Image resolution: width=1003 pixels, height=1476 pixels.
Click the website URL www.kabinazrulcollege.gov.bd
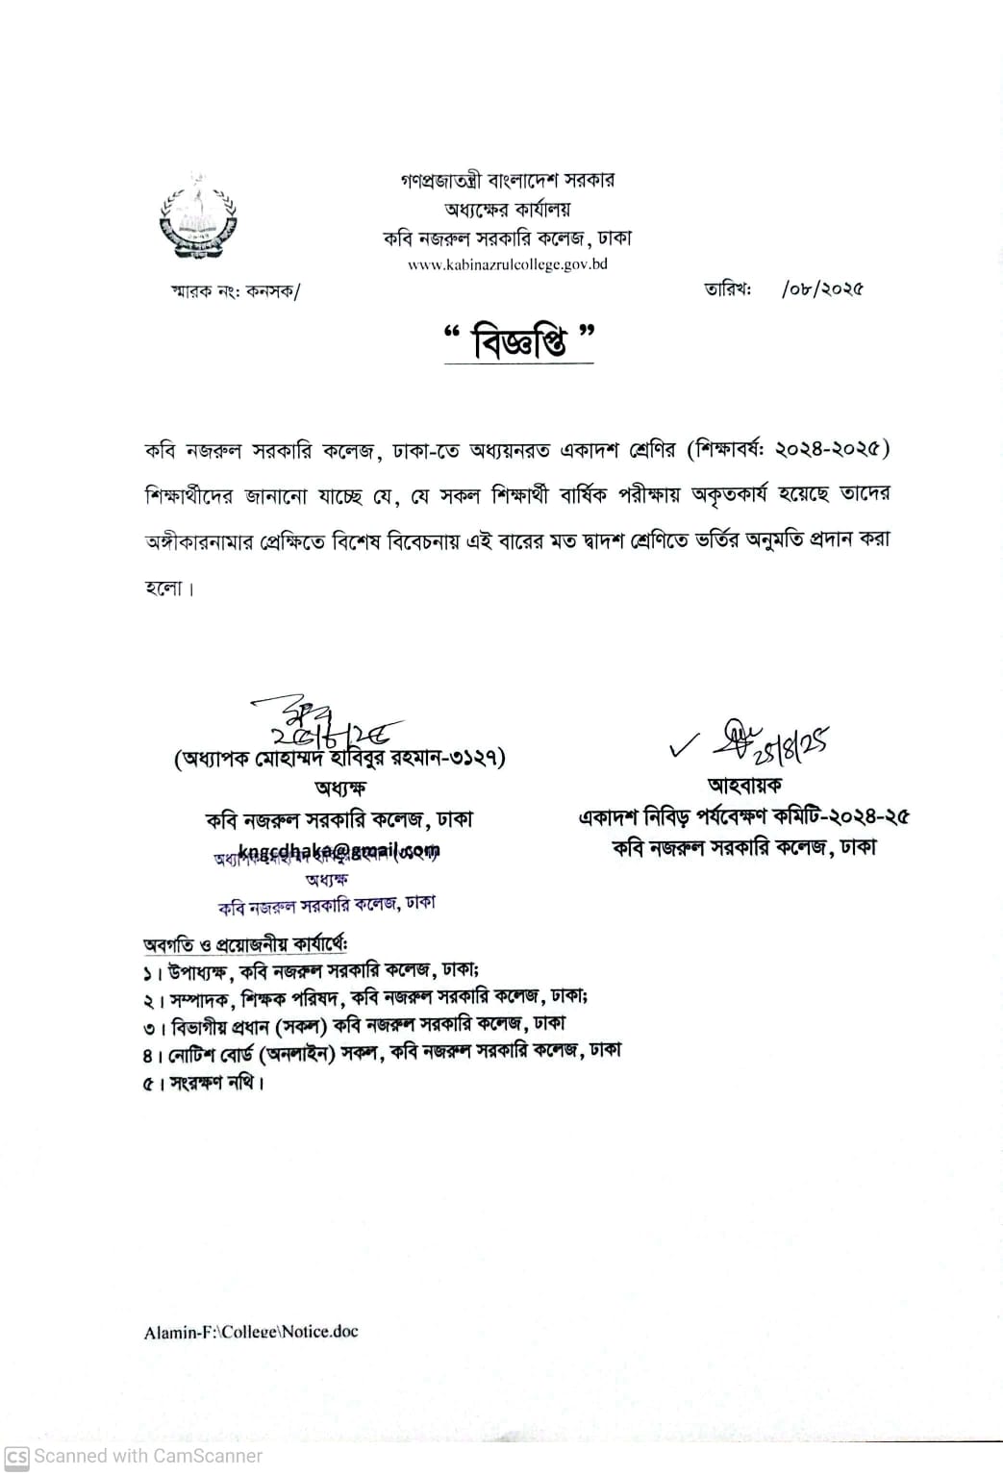(x=507, y=264)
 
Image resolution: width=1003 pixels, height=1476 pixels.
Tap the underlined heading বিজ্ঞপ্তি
(x=520, y=342)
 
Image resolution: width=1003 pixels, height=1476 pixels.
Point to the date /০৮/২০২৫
(x=822, y=288)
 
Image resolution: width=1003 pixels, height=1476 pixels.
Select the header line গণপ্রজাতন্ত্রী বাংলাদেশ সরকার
(x=507, y=180)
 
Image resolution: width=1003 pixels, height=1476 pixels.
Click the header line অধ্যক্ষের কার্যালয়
(x=507, y=209)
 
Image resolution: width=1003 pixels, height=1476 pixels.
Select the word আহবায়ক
(x=744, y=786)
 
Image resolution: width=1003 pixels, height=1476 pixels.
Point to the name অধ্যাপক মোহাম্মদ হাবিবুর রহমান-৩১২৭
(x=340, y=758)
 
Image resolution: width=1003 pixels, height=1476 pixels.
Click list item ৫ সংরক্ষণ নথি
(x=204, y=1083)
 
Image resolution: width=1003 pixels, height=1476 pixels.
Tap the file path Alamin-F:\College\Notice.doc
(x=251, y=1332)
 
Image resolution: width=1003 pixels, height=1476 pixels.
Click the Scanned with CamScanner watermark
(x=134, y=1456)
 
